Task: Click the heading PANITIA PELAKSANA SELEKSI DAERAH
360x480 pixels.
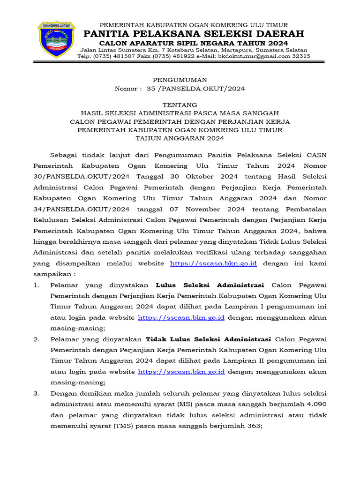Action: tap(194, 34)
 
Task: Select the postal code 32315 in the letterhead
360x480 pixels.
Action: tap(300, 56)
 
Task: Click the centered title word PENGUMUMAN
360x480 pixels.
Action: tap(180, 80)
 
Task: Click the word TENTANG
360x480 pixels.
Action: tap(180, 105)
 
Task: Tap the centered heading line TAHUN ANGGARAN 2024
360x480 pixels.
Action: tap(180, 138)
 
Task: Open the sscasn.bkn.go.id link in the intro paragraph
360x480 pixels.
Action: tap(213, 263)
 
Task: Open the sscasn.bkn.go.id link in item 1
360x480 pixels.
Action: tap(181, 317)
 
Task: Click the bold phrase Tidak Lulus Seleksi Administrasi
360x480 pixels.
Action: tap(209, 339)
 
